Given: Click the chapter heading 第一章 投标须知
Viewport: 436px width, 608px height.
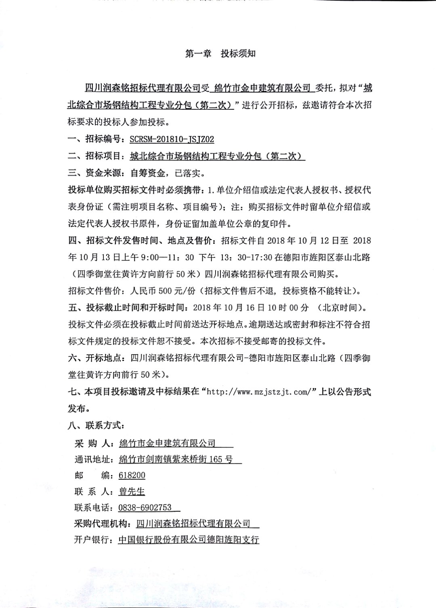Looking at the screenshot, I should (220, 54).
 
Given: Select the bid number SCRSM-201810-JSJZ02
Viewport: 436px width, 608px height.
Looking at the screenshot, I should (172, 139).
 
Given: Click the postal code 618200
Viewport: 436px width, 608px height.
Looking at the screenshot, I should (132, 475).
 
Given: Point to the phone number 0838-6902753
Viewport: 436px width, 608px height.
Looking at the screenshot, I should (145, 508).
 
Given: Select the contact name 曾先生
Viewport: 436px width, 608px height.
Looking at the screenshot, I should (132, 491).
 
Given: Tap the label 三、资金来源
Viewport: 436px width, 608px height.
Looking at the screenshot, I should (95, 173).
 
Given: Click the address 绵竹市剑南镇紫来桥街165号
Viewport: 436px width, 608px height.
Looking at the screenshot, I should (176, 459).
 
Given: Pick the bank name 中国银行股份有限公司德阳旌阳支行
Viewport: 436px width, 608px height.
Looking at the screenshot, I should (189, 540).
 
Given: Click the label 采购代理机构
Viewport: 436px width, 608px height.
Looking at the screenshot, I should (102, 524).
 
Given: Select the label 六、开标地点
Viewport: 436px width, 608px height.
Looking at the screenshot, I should (95, 358).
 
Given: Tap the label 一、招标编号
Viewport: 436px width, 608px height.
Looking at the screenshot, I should (95, 140).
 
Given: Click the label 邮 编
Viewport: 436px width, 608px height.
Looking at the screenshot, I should (93, 475).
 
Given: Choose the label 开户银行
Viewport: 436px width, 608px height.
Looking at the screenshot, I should (93, 540).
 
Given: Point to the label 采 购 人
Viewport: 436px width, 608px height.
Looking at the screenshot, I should (93, 443).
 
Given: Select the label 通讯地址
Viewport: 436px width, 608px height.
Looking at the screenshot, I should (93, 459).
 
